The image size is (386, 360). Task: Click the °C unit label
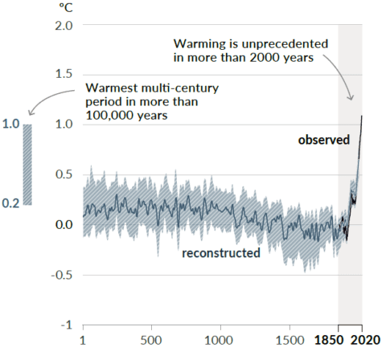[66, 7]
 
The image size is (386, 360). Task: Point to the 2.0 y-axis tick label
[64, 26]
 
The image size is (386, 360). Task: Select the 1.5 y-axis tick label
[64, 74]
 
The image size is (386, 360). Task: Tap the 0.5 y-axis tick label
[64, 174]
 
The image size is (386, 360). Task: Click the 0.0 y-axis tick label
[64, 224]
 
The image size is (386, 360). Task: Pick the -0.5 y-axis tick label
[62, 275]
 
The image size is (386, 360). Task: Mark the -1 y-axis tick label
[67, 325]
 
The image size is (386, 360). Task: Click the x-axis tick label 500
[151, 340]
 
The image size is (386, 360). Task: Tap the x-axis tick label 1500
[290, 340]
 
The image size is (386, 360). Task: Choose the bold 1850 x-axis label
[329, 340]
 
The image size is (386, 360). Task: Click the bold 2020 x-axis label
[366, 340]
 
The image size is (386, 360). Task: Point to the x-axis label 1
[83, 340]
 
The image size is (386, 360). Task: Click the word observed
[324, 140]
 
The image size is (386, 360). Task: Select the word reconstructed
[221, 253]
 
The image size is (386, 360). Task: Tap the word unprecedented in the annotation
[285, 44]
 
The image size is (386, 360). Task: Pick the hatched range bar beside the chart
[27, 165]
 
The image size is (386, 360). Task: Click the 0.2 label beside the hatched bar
[10, 203]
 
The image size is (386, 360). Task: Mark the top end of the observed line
[362, 116]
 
